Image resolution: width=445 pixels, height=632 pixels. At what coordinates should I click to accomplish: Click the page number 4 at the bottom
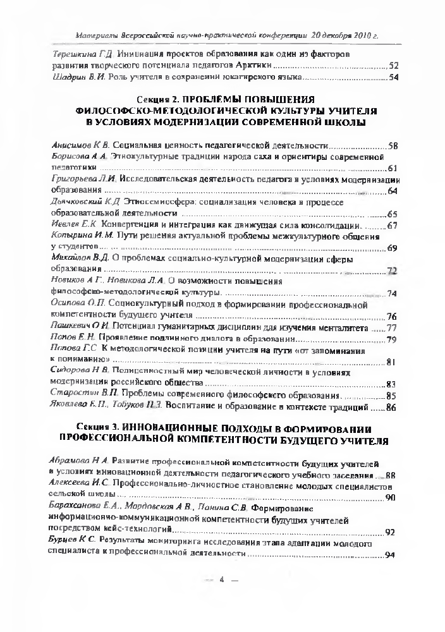coord(222,597)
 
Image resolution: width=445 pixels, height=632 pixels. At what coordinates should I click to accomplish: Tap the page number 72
coord(391,270)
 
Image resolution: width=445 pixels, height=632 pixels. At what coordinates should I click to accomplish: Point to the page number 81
coord(391,362)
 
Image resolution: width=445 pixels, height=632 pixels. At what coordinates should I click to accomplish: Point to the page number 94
coord(389,554)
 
